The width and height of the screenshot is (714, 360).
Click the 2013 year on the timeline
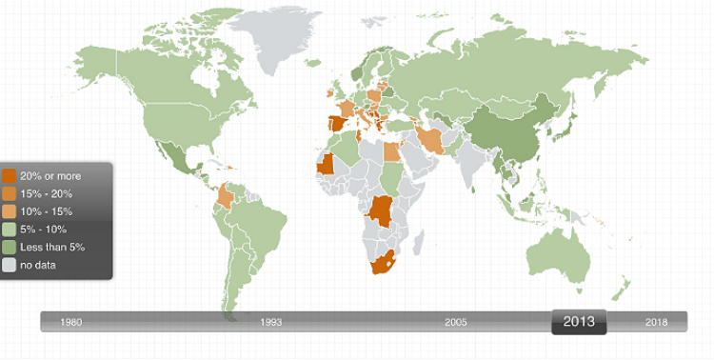coord(579,322)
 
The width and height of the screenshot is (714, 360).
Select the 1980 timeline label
coord(70,322)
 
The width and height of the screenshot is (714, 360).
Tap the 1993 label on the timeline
coord(271,322)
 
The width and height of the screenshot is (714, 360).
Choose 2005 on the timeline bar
coord(455,322)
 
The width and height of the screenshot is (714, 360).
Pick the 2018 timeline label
coord(656,322)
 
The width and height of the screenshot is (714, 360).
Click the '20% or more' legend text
coord(50,176)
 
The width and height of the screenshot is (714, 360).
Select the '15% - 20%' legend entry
coord(46,193)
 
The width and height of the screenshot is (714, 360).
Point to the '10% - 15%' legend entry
coord(46,211)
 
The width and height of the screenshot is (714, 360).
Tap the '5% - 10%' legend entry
coord(43,229)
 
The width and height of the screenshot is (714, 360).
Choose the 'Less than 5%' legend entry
coord(52,247)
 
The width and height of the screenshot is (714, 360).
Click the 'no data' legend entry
coord(38,265)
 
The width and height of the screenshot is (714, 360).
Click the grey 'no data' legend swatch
coord(10,265)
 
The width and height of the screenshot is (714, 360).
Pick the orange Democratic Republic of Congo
coord(382,211)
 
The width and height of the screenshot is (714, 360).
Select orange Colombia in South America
coord(227,195)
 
